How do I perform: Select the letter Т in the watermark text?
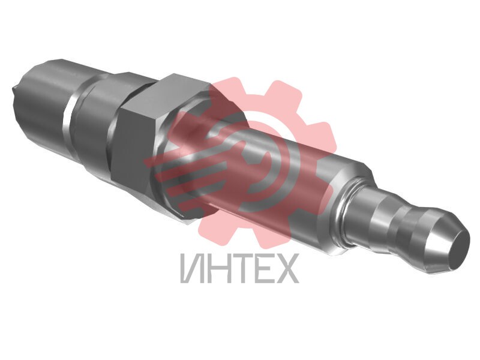click(238, 268)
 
